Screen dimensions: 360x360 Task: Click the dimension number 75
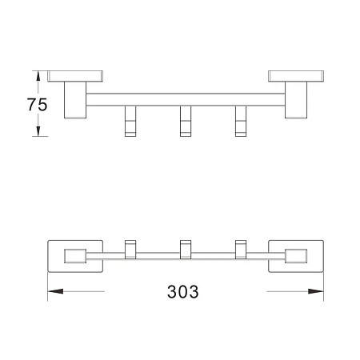pyautogui.click(x=37, y=105)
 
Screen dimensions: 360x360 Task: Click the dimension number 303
pyautogui.click(x=183, y=291)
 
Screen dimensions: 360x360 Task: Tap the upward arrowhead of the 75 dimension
pyautogui.click(x=38, y=76)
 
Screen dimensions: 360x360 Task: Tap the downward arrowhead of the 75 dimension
pyautogui.click(x=38, y=131)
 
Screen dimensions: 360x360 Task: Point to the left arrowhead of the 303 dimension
pyautogui.click(x=55, y=291)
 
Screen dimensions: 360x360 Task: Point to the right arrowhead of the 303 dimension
pyautogui.click(x=316, y=291)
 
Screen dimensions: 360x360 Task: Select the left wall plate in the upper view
pyautogui.click(x=75, y=76)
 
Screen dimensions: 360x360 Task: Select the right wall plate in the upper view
pyautogui.click(x=296, y=76)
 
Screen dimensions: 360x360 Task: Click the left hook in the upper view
pyautogui.click(x=130, y=121)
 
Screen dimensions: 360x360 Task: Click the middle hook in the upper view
pyautogui.click(x=186, y=121)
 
